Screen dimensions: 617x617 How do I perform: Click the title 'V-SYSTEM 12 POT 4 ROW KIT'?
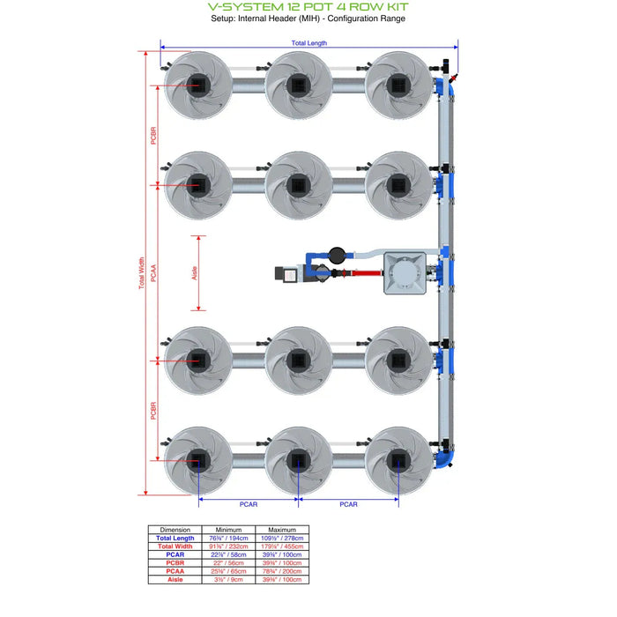tap(308, 6)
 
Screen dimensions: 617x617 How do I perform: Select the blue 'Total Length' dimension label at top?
tap(308, 43)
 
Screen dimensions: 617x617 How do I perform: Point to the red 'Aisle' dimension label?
tap(195, 273)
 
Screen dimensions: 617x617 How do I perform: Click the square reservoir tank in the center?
tap(407, 271)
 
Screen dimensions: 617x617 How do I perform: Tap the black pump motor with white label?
tap(289, 275)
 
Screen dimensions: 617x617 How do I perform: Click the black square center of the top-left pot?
tap(198, 84)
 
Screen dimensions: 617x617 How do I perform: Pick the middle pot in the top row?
tap(299, 85)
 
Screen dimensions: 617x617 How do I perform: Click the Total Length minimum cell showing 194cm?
tap(228, 538)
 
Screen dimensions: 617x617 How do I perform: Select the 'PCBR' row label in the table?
tap(175, 562)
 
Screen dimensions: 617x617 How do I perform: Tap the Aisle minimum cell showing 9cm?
tap(228, 579)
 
